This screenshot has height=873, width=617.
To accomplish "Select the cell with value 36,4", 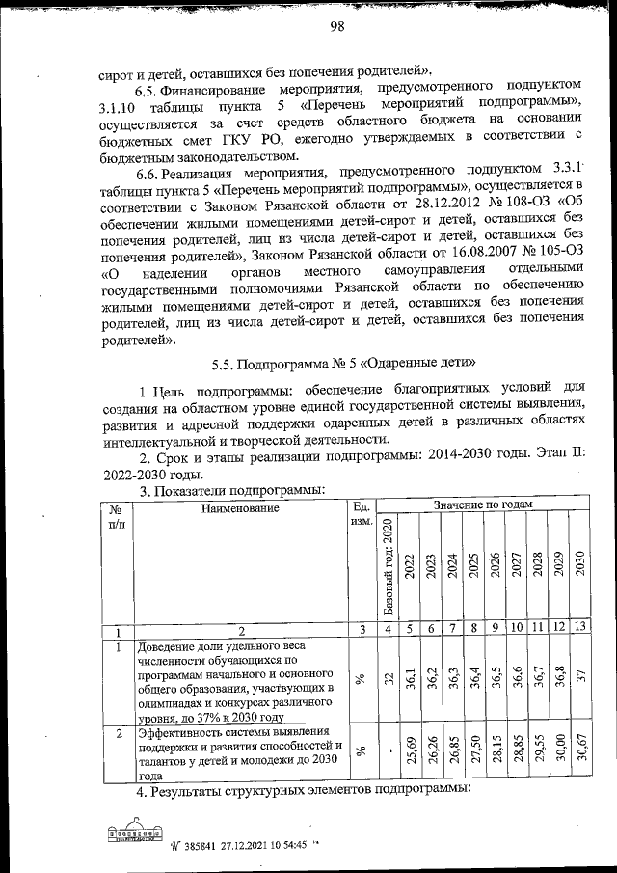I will [x=473, y=679].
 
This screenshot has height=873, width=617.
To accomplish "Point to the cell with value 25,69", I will [x=410, y=752].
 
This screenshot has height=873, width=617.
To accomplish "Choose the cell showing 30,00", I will [x=558, y=752].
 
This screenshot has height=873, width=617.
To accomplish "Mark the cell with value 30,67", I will [x=579, y=752].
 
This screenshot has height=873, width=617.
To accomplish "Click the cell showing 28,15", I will [x=495, y=752].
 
